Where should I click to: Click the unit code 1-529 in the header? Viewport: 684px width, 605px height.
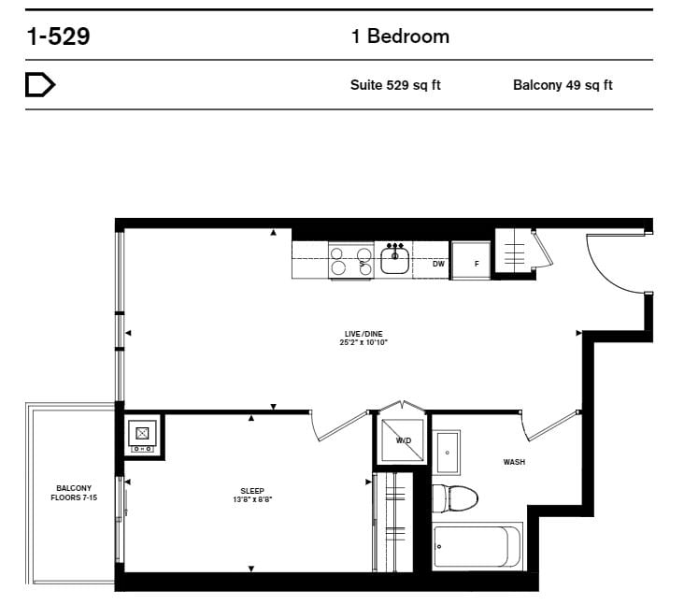59,36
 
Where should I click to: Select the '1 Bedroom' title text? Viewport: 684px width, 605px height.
400,36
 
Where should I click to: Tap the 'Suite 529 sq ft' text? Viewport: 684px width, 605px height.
395,85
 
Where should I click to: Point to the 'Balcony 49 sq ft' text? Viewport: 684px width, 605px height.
563,85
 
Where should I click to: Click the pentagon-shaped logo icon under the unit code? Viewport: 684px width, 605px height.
40,85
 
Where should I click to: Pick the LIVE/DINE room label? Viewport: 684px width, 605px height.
363,334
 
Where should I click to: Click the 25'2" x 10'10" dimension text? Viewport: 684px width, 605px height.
363,342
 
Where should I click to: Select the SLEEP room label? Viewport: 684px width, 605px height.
252,491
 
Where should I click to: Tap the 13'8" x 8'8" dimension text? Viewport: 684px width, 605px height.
252,499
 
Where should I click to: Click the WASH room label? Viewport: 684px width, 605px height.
514,462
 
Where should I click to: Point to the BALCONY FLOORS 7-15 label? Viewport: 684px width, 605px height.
74,493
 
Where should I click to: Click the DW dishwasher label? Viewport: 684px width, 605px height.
438,264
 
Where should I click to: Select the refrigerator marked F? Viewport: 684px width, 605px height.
471,261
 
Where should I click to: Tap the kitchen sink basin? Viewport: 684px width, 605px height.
394,260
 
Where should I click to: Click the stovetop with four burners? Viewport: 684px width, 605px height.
351,261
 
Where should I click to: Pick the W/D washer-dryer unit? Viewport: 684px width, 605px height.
403,440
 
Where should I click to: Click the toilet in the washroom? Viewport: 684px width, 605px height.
454,497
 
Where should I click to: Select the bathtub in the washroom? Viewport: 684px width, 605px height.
477,546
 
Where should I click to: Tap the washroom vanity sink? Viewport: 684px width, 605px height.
448,453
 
